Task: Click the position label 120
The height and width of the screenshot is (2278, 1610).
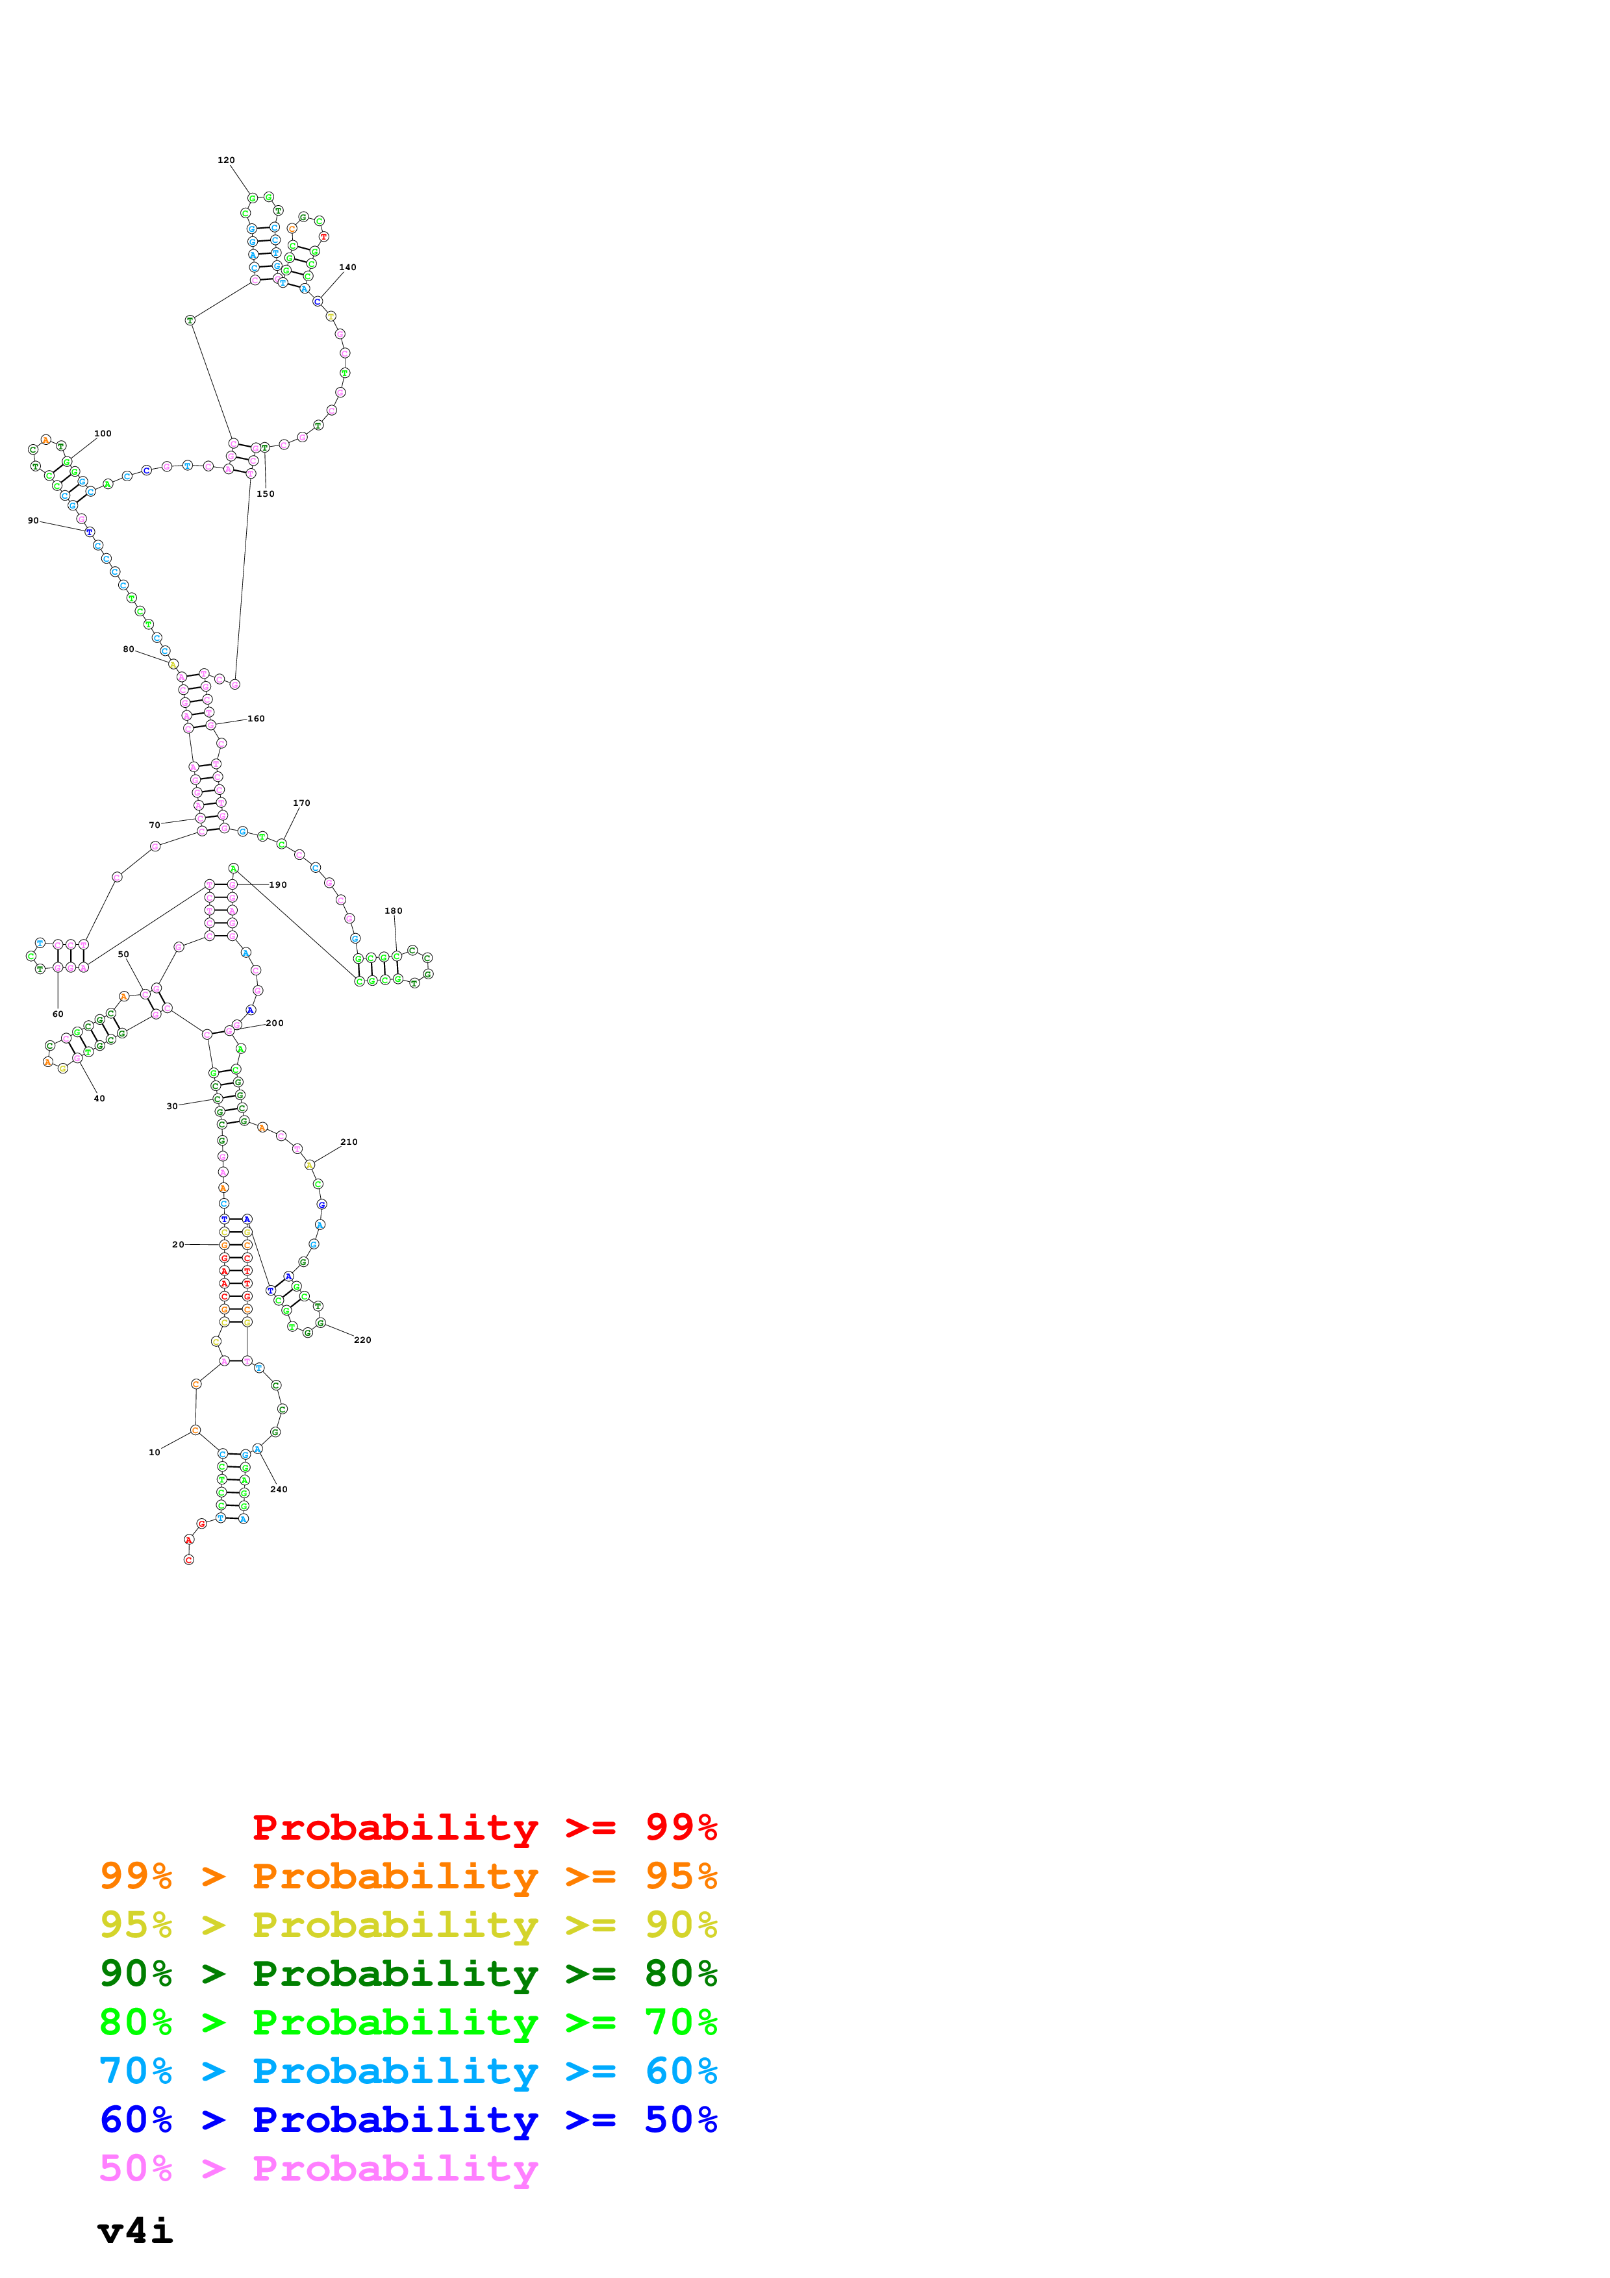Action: pyautogui.click(x=226, y=160)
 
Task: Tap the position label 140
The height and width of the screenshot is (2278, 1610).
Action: pyautogui.click(x=347, y=267)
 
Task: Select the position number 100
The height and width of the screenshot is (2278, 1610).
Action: pyautogui.click(x=102, y=434)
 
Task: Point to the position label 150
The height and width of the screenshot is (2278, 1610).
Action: pyautogui.click(x=265, y=493)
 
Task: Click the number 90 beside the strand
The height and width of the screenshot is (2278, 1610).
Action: pyautogui.click(x=32, y=520)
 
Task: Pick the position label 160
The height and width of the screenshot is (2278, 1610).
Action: pyautogui.click(x=256, y=718)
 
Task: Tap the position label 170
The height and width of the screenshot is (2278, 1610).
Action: pyautogui.click(x=301, y=803)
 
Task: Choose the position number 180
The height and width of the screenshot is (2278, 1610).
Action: pyautogui.click(x=393, y=911)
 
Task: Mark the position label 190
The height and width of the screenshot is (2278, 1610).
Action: pyautogui.click(x=278, y=884)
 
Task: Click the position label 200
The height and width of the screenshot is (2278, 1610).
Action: pyautogui.click(x=275, y=1023)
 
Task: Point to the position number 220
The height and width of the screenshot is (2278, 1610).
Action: pyautogui.click(x=362, y=1340)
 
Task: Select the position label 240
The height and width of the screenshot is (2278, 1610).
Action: pyautogui.click(x=279, y=1489)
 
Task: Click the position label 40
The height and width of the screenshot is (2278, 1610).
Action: pyautogui.click(x=99, y=1098)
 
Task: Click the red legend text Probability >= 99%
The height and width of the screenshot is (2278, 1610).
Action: pyautogui.click(x=484, y=1827)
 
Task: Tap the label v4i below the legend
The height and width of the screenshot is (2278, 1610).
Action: pyautogui.click(x=135, y=2231)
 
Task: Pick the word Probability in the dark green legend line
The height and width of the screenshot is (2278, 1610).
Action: pyautogui.click(x=395, y=1973)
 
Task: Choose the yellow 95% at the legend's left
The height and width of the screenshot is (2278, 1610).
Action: pyautogui.click(x=136, y=1925)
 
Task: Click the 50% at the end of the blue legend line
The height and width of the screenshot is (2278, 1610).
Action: pyautogui.click(x=681, y=2120)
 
